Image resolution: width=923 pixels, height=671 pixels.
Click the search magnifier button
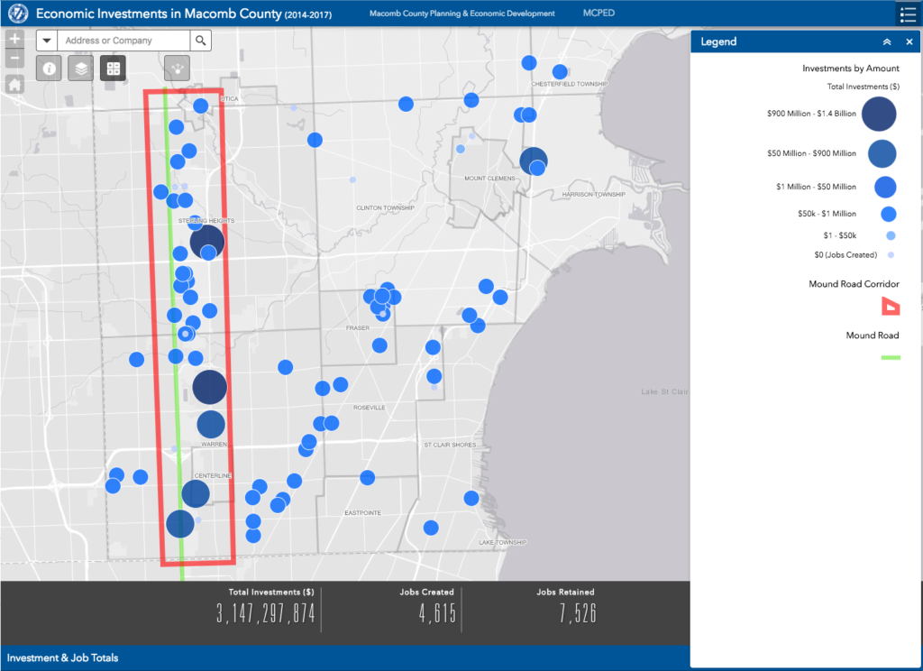pyautogui.click(x=200, y=41)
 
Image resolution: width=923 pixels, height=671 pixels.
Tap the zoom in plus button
pyautogui.click(x=14, y=40)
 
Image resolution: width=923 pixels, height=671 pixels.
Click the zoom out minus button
pyautogui.click(x=14, y=60)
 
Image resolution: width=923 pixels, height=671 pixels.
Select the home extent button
pyautogui.click(x=14, y=84)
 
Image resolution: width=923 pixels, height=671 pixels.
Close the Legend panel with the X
pyautogui.click(x=909, y=41)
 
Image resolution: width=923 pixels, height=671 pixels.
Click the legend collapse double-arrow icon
pyautogui.click(x=887, y=41)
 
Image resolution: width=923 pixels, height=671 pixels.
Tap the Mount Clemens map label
pyautogui.click(x=489, y=179)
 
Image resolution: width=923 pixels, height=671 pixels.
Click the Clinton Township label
pyautogui.click(x=385, y=207)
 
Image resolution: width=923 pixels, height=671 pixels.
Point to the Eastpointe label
pyautogui.click(x=363, y=512)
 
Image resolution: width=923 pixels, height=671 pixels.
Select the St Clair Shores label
pyautogui.click(x=451, y=445)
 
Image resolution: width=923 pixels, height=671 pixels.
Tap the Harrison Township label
pyautogui.click(x=593, y=195)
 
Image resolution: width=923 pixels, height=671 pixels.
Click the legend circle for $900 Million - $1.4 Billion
pyautogui.click(x=879, y=114)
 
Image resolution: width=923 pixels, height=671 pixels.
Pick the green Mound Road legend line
pyautogui.click(x=890, y=358)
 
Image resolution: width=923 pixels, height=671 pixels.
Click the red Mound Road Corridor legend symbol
pyautogui.click(x=890, y=307)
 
